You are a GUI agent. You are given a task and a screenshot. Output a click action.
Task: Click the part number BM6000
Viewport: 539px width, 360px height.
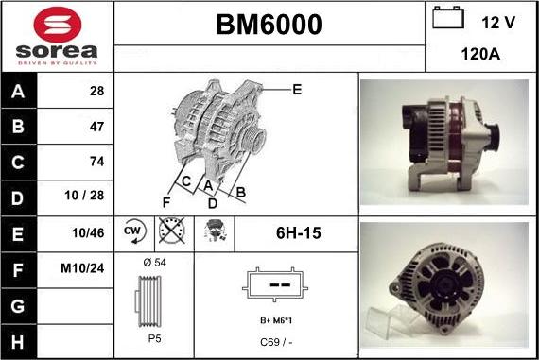point(269,25)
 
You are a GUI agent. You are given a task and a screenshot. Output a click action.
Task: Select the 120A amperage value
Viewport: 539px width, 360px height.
point(480,55)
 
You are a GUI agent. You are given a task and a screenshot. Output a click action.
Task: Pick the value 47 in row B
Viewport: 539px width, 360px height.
point(96,126)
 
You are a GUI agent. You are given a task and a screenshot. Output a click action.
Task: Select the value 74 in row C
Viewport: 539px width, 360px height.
point(96,162)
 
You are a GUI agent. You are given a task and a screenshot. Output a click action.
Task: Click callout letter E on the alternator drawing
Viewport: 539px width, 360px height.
point(297,90)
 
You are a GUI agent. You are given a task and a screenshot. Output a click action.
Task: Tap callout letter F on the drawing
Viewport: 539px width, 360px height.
point(166,202)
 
